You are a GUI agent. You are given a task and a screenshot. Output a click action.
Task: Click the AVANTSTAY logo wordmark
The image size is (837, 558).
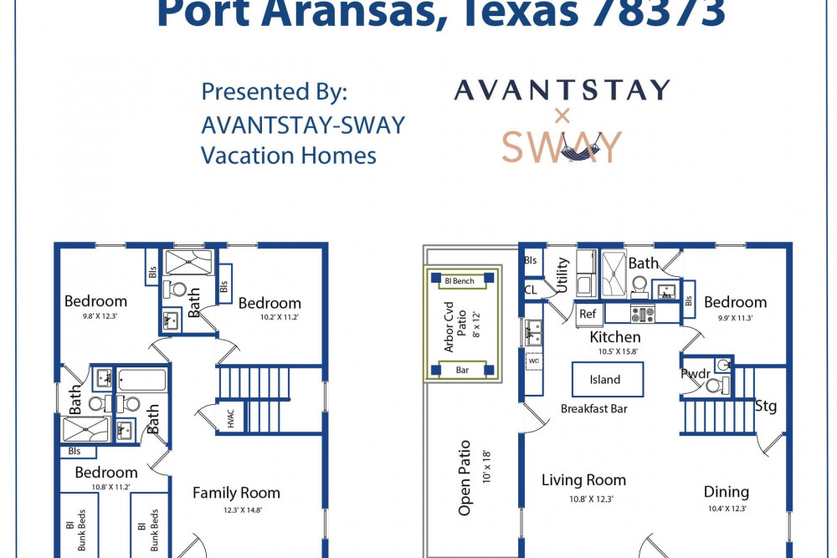pyautogui.click(x=562, y=90)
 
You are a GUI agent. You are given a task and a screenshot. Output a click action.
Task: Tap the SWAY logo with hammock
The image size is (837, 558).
pyautogui.click(x=562, y=146)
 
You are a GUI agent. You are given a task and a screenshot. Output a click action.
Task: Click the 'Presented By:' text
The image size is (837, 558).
pyautogui.click(x=274, y=92)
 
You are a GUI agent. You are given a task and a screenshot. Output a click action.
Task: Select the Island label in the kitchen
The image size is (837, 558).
pyautogui.click(x=604, y=379)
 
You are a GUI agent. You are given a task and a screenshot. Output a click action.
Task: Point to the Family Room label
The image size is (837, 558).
pyautogui.click(x=236, y=493)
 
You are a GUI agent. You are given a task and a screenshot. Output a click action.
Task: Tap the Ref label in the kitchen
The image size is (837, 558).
pyautogui.click(x=588, y=314)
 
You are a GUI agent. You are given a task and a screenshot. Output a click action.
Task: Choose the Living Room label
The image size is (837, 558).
pyautogui.click(x=583, y=480)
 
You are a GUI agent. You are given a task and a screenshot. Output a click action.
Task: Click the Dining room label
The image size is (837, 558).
pyautogui.click(x=726, y=492)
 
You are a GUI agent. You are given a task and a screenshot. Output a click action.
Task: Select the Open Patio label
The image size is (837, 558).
pyautogui.click(x=465, y=478)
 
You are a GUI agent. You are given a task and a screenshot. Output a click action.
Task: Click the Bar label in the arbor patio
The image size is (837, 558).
pyautogui.click(x=462, y=369)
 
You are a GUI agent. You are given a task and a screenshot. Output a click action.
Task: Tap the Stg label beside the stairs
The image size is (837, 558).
pyautogui.click(x=765, y=407)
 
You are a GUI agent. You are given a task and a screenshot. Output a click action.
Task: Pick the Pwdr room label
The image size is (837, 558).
pyautogui.click(x=696, y=374)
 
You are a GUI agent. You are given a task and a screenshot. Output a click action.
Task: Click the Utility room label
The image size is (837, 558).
pyautogui.click(x=562, y=274)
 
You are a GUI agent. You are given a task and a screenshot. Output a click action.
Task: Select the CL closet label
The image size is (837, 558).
pyautogui.click(x=531, y=289)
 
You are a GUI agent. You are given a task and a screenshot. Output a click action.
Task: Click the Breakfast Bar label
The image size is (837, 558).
pyautogui.click(x=594, y=409)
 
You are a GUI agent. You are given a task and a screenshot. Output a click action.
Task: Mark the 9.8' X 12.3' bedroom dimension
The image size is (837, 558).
pyautogui.click(x=95, y=317)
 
